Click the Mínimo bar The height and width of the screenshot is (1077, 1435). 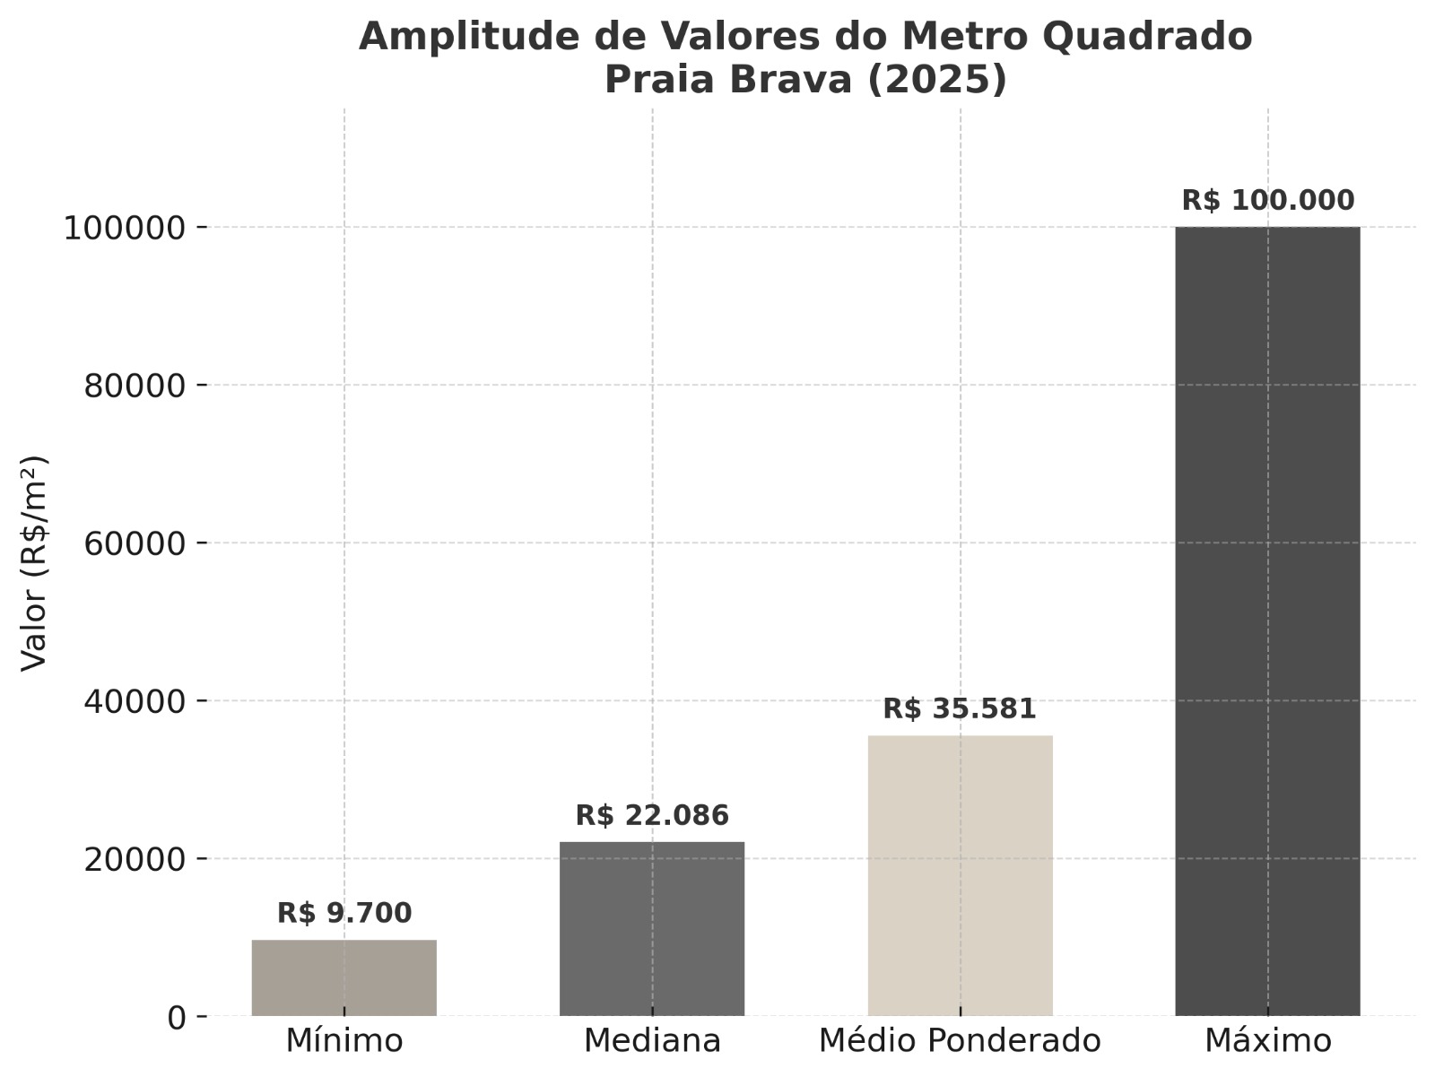(x=344, y=977)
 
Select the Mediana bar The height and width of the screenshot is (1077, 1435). (x=652, y=928)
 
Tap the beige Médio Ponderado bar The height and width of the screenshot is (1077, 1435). (x=960, y=875)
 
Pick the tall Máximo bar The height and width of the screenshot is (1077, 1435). (x=1267, y=621)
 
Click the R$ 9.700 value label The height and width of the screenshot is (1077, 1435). (x=344, y=913)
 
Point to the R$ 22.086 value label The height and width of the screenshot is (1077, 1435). (x=652, y=815)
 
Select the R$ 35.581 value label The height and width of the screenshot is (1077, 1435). (x=960, y=708)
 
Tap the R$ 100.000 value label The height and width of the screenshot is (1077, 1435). (x=1267, y=200)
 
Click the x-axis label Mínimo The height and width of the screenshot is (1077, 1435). (x=344, y=1041)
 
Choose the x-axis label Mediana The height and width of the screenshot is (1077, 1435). (x=652, y=1041)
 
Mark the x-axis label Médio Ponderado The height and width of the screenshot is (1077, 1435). (x=960, y=1041)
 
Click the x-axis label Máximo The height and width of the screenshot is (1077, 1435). (x=1267, y=1041)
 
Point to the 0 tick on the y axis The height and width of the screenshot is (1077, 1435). (x=176, y=1017)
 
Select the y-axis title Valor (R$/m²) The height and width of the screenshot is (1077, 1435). (x=34, y=563)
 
